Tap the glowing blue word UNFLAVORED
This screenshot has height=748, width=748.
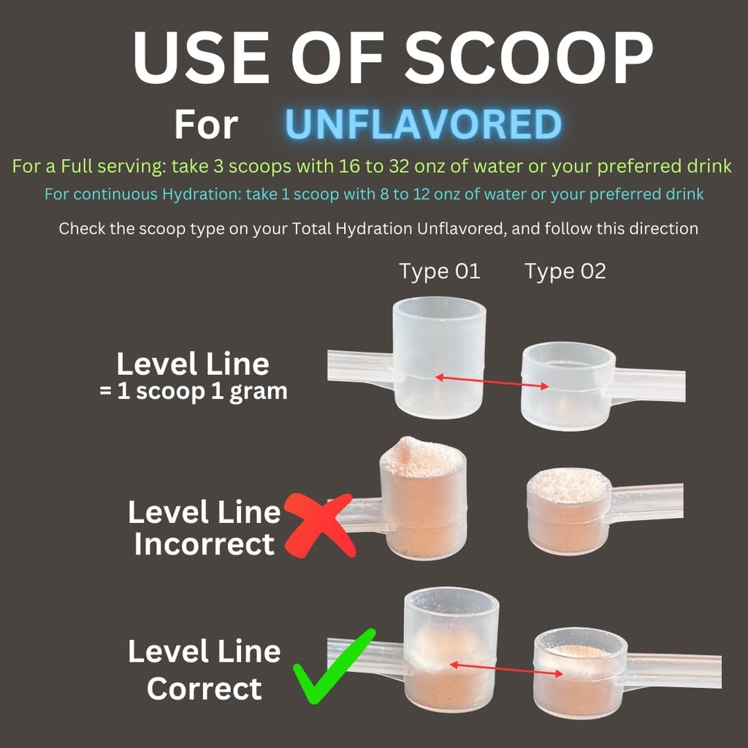[423, 124]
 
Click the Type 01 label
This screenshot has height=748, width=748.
[439, 272]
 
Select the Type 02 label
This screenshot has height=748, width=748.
[565, 272]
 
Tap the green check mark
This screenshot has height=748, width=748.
[333, 666]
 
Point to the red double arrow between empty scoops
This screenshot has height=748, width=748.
[492, 381]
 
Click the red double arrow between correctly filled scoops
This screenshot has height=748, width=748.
[507, 669]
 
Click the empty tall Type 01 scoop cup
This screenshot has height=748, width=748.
[439, 357]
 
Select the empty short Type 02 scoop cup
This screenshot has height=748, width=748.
[568, 386]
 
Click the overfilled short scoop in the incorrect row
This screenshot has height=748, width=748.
[568, 511]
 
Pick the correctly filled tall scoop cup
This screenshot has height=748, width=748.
[451, 649]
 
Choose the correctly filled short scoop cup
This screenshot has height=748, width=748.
[580, 673]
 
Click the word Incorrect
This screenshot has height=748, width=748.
[205, 543]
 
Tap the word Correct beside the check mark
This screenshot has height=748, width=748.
[205, 688]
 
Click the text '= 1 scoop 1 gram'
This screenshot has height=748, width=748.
[193, 392]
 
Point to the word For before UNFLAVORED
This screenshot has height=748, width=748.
[206, 125]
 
